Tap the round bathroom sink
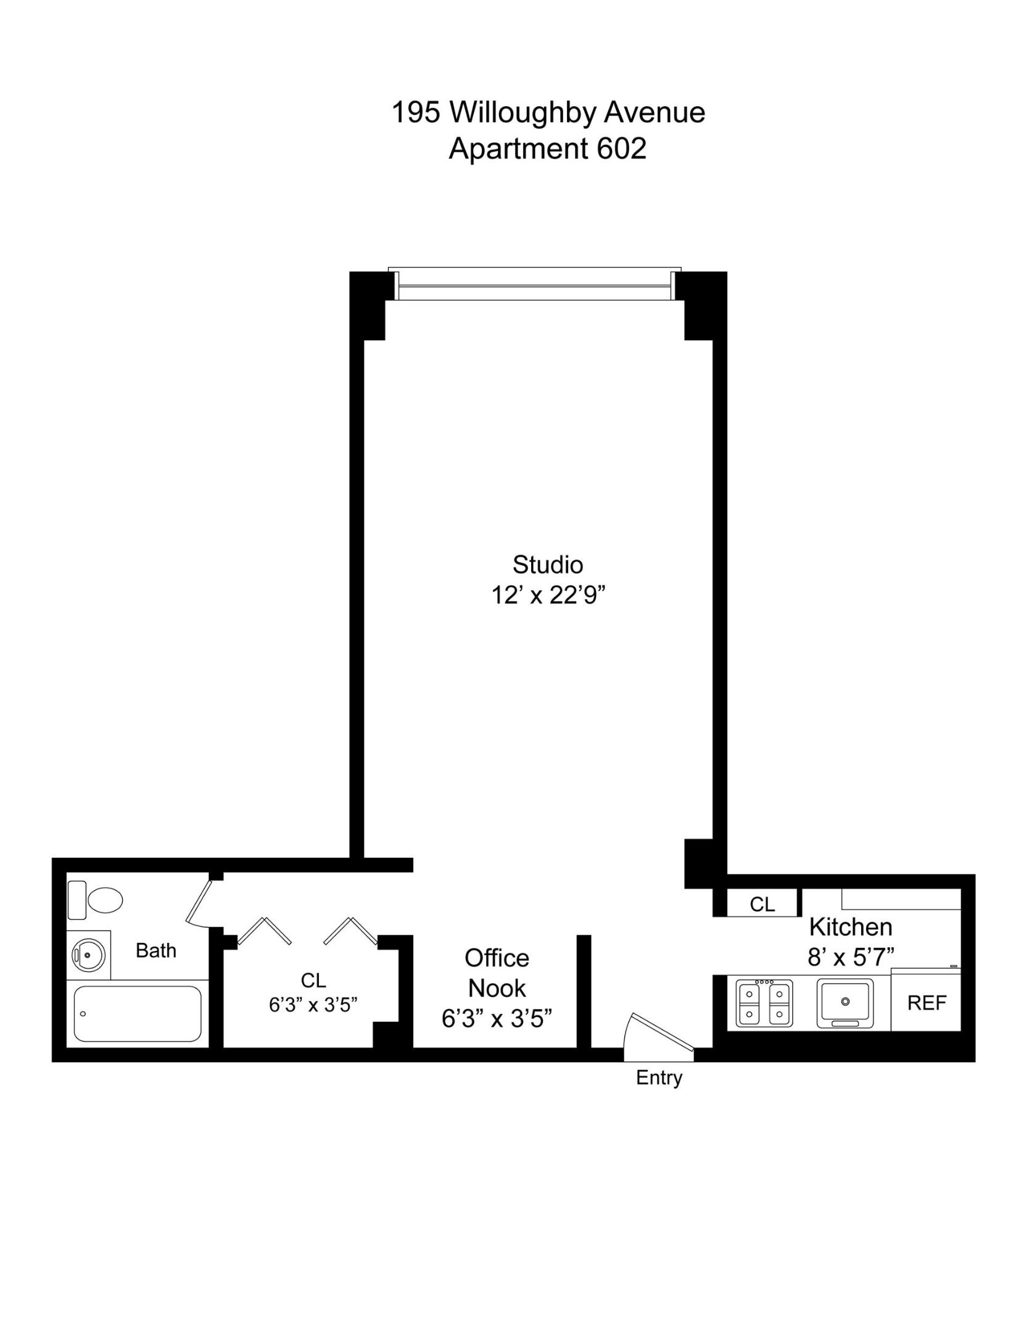(88, 955)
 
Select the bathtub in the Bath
(137, 1014)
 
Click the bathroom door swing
(199, 905)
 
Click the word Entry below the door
(659, 1078)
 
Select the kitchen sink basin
(845, 1002)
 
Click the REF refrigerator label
(926, 1003)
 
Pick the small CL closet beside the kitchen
(762, 905)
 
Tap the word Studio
(547, 565)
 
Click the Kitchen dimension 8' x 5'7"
(851, 957)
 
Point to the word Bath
(156, 950)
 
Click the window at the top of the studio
(535, 285)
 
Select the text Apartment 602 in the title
(547, 149)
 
